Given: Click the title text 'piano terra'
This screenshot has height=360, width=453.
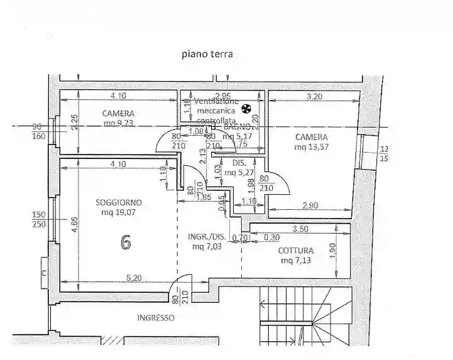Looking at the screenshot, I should [x=207, y=54].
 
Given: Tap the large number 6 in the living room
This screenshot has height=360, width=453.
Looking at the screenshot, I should [x=126, y=242].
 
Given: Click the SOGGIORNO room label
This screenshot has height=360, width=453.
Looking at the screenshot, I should [x=119, y=202].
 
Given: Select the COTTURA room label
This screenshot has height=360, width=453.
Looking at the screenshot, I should [x=297, y=251].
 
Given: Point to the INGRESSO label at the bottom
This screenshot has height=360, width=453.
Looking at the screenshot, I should [x=156, y=318].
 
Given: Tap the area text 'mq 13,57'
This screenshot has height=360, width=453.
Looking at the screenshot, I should [x=312, y=147].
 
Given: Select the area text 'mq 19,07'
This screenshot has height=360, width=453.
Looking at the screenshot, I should [x=119, y=212].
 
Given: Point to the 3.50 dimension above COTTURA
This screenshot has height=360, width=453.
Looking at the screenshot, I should [x=300, y=231].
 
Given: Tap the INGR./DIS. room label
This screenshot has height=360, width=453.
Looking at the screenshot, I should [x=206, y=237].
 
